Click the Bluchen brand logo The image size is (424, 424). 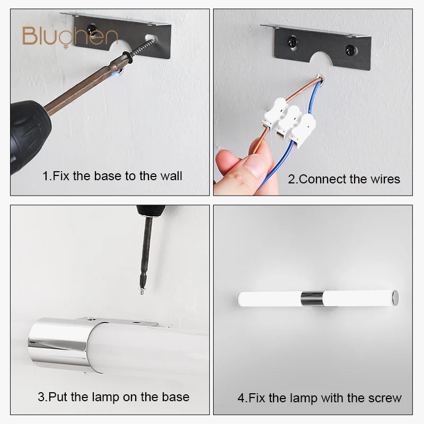(70, 37)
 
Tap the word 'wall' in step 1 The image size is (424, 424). (171, 176)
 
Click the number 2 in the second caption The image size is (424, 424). (291, 179)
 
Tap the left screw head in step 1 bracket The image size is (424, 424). (92, 29)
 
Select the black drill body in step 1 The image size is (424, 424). (29, 135)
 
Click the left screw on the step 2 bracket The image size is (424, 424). (293, 42)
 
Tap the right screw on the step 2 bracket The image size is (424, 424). (350, 50)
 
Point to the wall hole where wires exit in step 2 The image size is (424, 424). (321, 79)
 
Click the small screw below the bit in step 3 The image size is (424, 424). (142, 291)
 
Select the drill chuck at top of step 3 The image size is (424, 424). (151, 211)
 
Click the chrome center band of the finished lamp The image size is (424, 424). (312, 299)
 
